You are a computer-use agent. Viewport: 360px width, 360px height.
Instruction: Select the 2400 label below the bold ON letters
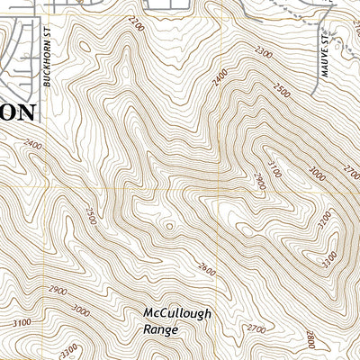[33, 145]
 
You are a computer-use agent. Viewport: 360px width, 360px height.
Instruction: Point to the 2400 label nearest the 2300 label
[220, 81]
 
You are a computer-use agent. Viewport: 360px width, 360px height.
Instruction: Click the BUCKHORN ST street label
[45, 67]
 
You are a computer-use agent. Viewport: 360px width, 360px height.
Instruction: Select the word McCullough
[176, 314]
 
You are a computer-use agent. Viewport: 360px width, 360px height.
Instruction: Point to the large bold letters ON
[18, 112]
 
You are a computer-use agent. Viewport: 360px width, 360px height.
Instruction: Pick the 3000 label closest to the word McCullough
[81, 311]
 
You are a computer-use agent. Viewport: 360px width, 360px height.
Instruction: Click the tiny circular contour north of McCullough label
[169, 226]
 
